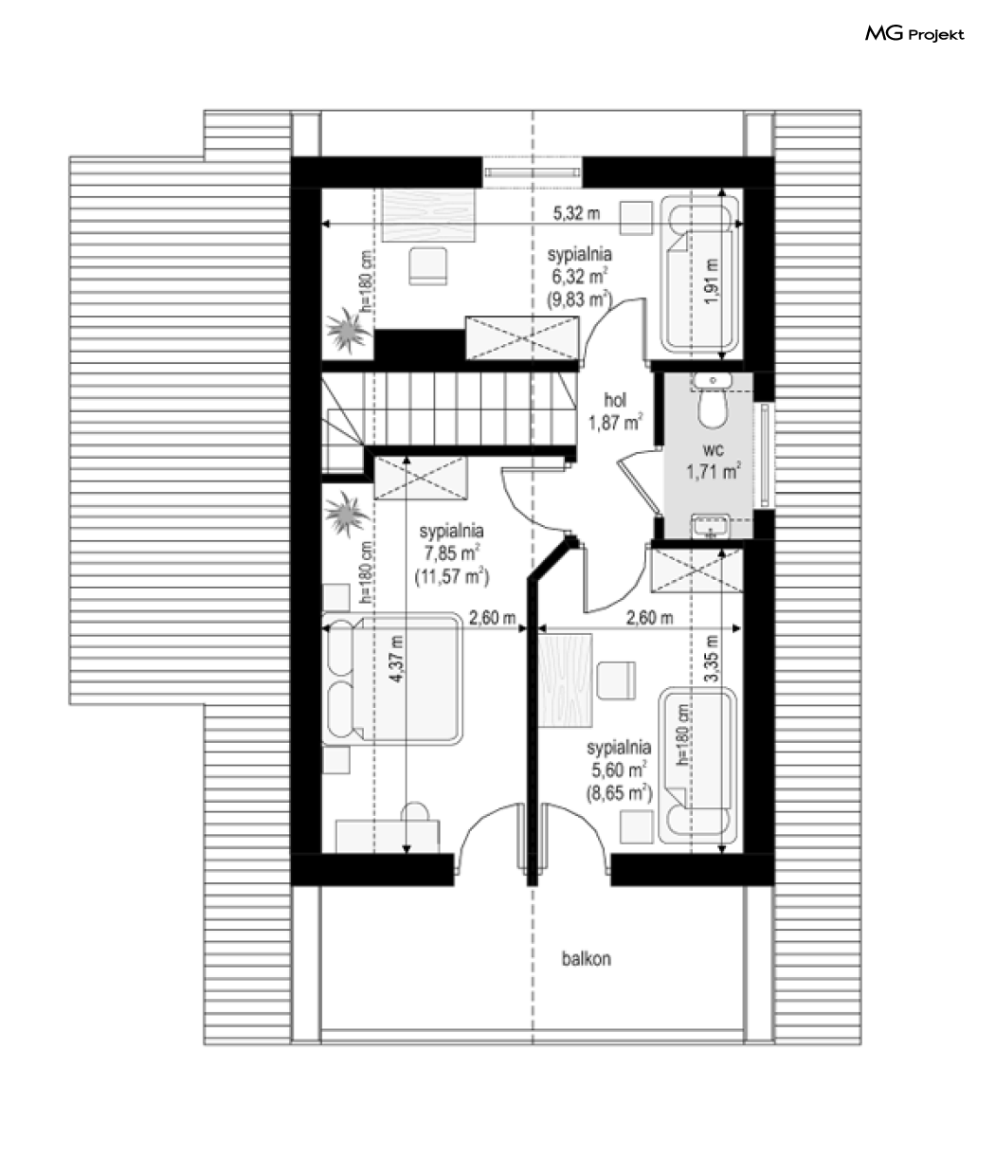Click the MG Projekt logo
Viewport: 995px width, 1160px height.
[x=914, y=34]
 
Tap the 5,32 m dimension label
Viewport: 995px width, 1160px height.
[x=576, y=213]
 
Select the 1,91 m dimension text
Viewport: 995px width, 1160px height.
[x=711, y=281]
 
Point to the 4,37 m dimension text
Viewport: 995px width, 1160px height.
[x=397, y=659]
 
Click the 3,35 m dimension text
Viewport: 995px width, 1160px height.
[x=711, y=658]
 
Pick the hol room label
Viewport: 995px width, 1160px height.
[x=615, y=400]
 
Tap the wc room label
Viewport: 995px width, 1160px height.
[x=714, y=449]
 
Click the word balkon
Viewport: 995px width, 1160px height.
[x=587, y=958]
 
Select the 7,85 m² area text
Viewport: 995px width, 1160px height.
[x=451, y=553]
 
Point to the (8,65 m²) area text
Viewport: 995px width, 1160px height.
[x=619, y=793]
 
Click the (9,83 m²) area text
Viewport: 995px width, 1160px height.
[x=579, y=299]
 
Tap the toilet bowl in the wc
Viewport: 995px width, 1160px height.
[x=713, y=408]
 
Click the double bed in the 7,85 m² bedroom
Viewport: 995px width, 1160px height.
[x=391, y=679]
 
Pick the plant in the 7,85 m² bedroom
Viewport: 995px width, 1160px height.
[x=347, y=514]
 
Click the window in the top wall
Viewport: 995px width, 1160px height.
[x=532, y=172]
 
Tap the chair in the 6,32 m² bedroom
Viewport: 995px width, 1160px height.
[x=427, y=266]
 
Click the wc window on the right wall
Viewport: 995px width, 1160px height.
[x=765, y=452]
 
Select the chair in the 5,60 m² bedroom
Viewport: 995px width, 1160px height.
[x=617, y=680]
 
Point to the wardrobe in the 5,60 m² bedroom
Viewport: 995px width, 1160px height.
[x=696, y=571]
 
